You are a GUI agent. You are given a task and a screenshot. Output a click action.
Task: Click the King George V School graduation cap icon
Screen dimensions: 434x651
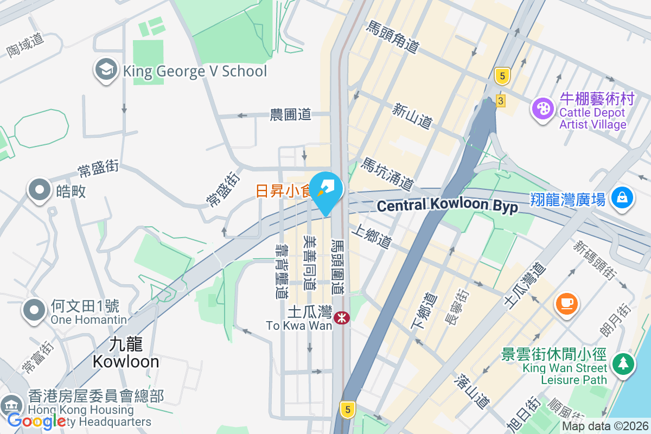(x=106, y=70)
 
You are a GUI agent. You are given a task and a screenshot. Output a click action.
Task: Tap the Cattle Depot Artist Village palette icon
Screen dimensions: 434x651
(x=542, y=108)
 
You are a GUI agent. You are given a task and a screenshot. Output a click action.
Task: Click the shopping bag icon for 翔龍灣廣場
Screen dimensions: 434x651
(x=622, y=197)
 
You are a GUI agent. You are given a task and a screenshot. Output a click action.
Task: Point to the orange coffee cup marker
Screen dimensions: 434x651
(x=567, y=302)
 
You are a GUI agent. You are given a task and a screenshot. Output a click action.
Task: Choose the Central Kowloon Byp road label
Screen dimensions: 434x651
(x=447, y=206)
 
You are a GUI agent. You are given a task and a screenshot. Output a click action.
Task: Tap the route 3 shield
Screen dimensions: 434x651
(x=500, y=101)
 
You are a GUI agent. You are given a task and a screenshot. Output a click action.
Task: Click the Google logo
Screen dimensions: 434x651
(x=36, y=420)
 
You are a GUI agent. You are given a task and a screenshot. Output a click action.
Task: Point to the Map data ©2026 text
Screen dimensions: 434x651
(x=605, y=426)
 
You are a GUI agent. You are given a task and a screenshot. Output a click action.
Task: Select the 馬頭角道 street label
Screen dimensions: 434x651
(x=393, y=37)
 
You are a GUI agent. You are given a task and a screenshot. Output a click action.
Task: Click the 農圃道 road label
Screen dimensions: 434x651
(x=291, y=114)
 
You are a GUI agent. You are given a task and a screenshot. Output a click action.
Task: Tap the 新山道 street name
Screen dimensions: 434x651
(x=412, y=116)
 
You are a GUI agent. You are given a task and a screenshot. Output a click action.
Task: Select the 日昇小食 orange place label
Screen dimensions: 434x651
(x=282, y=191)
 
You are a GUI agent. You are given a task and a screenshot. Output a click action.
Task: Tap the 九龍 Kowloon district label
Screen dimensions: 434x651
(x=126, y=353)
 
